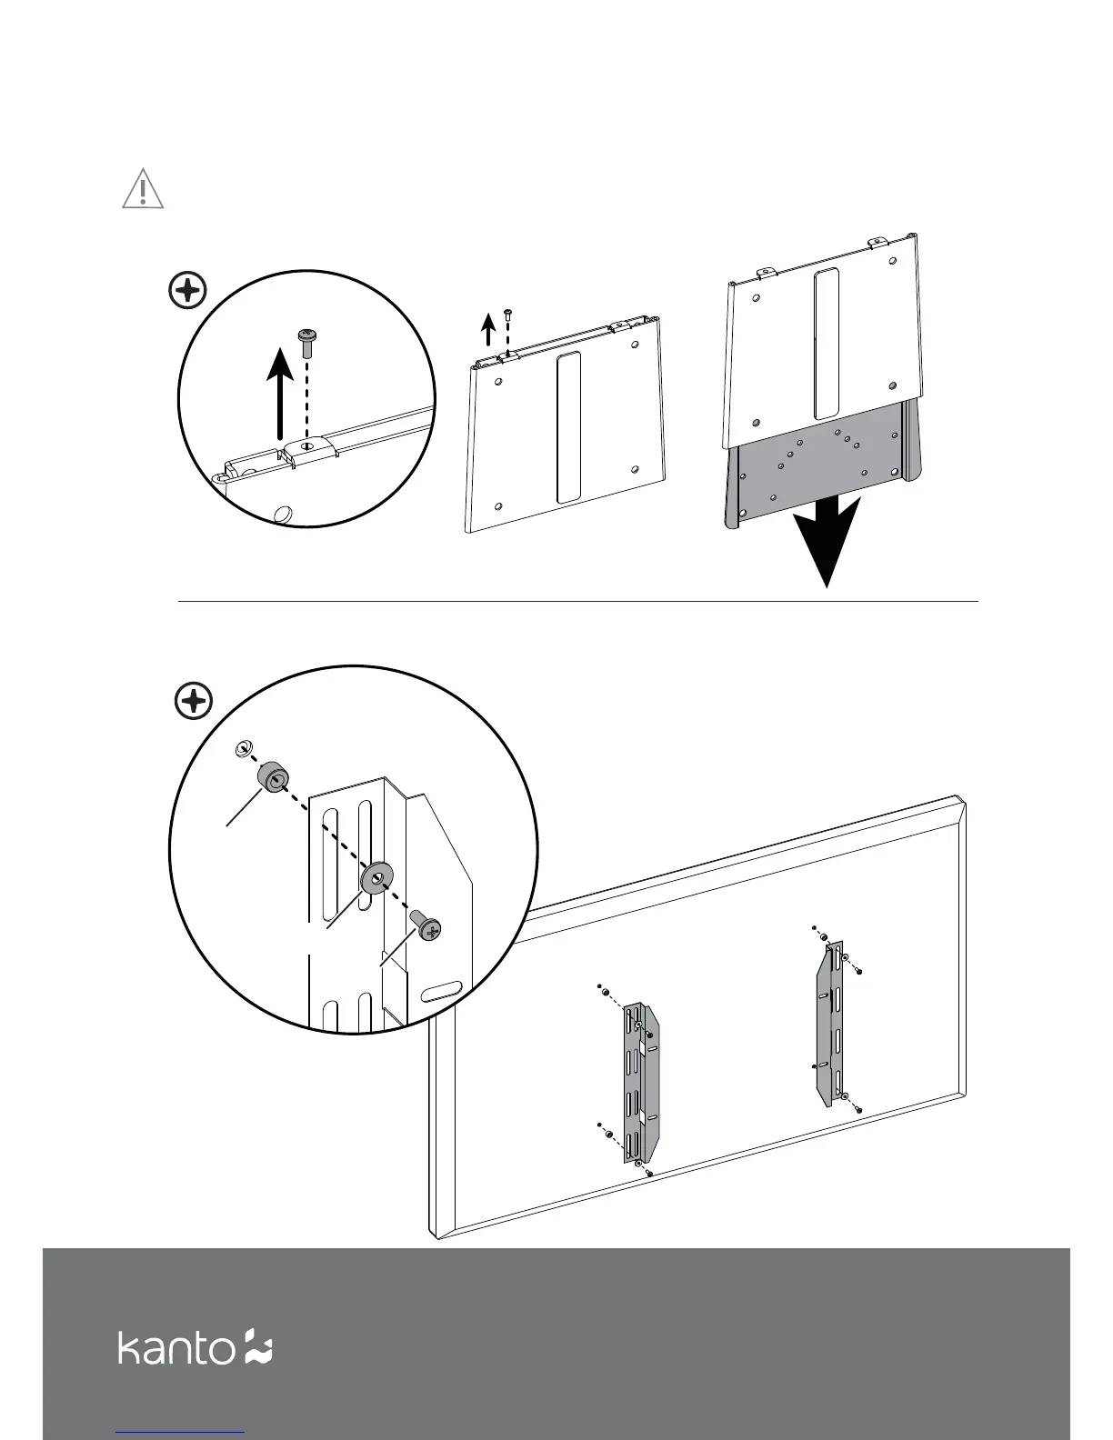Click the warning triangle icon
(x=143, y=189)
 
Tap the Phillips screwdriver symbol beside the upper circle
(x=188, y=292)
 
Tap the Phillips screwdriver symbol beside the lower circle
(x=193, y=702)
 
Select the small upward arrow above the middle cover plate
(x=488, y=329)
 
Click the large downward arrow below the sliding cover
(x=827, y=542)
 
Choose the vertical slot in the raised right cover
(x=827, y=344)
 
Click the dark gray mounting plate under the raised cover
(x=823, y=473)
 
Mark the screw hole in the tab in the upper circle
(x=307, y=445)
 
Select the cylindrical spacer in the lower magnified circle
(x=274, y=779)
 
